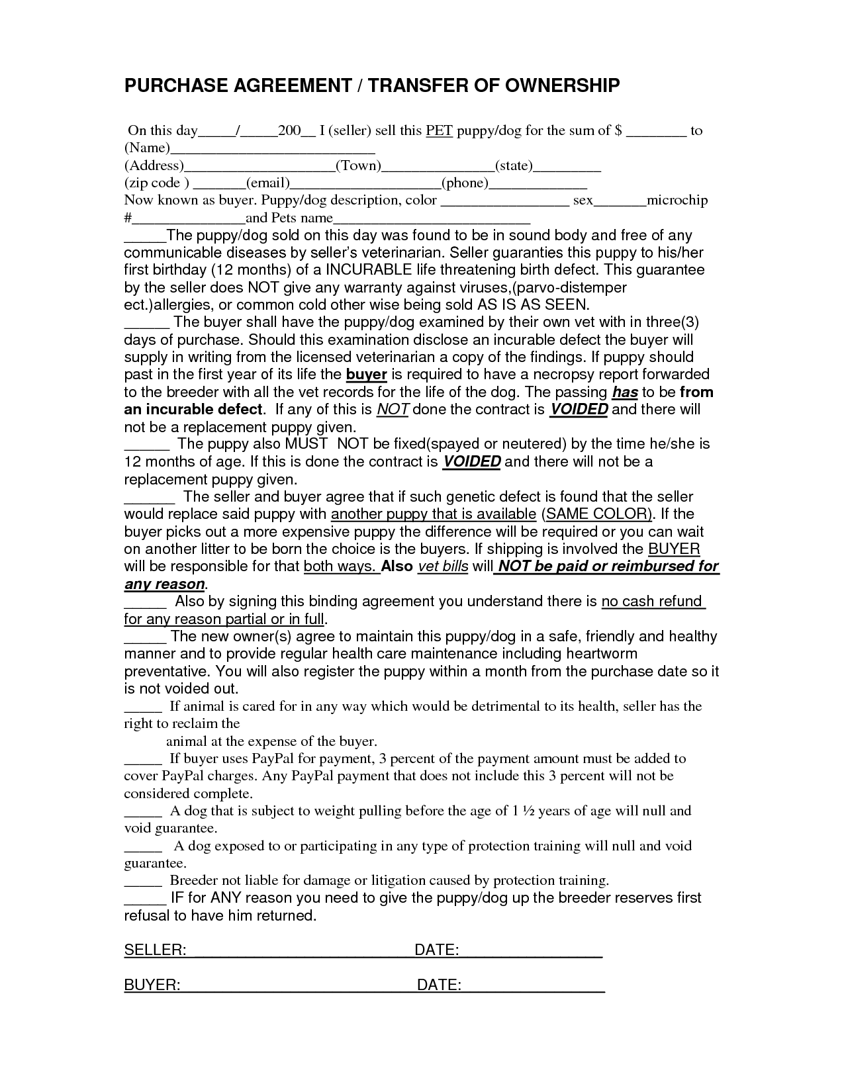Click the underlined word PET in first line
[439, 130]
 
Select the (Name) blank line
[273, 150]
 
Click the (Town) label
[358, 165]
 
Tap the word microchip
[677, 200]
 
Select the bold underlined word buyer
[367, 375]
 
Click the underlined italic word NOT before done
[393, 410]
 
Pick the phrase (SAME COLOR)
[596, 514]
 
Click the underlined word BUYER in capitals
[674, 549]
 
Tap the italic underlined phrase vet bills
[443, 567]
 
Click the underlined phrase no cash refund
[651, 602]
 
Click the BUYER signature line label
[152, 985]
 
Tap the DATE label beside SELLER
[436, 950]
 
